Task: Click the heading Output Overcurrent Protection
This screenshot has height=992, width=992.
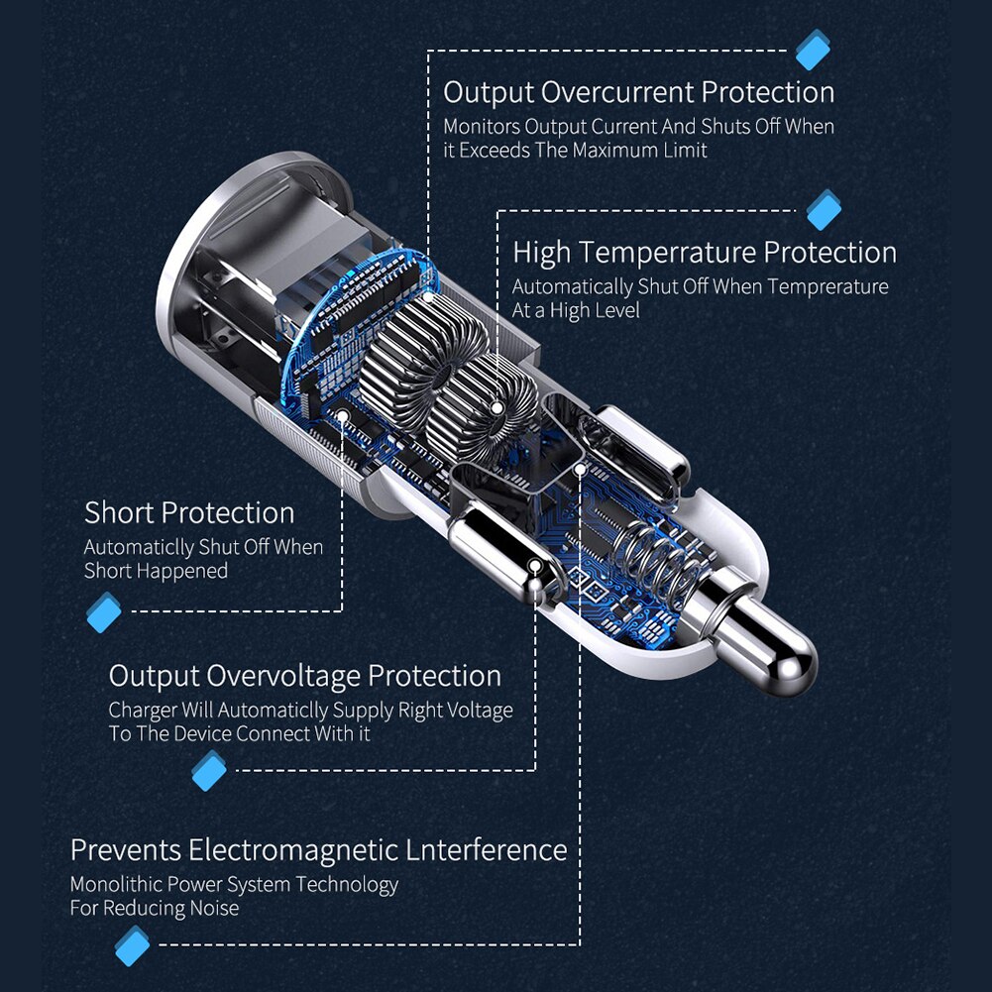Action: click(x=639, y=92)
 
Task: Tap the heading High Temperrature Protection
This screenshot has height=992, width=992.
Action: click(x=705, y=253)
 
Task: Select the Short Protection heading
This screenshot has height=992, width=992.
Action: click(x=189, y=513)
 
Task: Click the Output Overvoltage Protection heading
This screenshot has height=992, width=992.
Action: click(x=305, y=676)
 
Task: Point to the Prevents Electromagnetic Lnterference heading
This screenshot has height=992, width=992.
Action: click(x=319, y=850)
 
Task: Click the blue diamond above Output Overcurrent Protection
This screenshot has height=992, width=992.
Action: click(x=813, y=50)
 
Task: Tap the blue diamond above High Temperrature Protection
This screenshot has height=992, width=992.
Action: click(x=824, y=209)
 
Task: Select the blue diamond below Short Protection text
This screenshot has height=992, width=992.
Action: click(x=104, y=611)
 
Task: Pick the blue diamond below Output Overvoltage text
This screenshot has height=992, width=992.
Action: click(x=209, y=771)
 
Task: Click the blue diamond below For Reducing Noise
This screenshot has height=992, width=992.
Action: click(x=132, y=945)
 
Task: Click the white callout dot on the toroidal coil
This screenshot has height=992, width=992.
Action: click(x=497, y=408)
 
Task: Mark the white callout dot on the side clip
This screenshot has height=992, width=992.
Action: click(x=535, y=566)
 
